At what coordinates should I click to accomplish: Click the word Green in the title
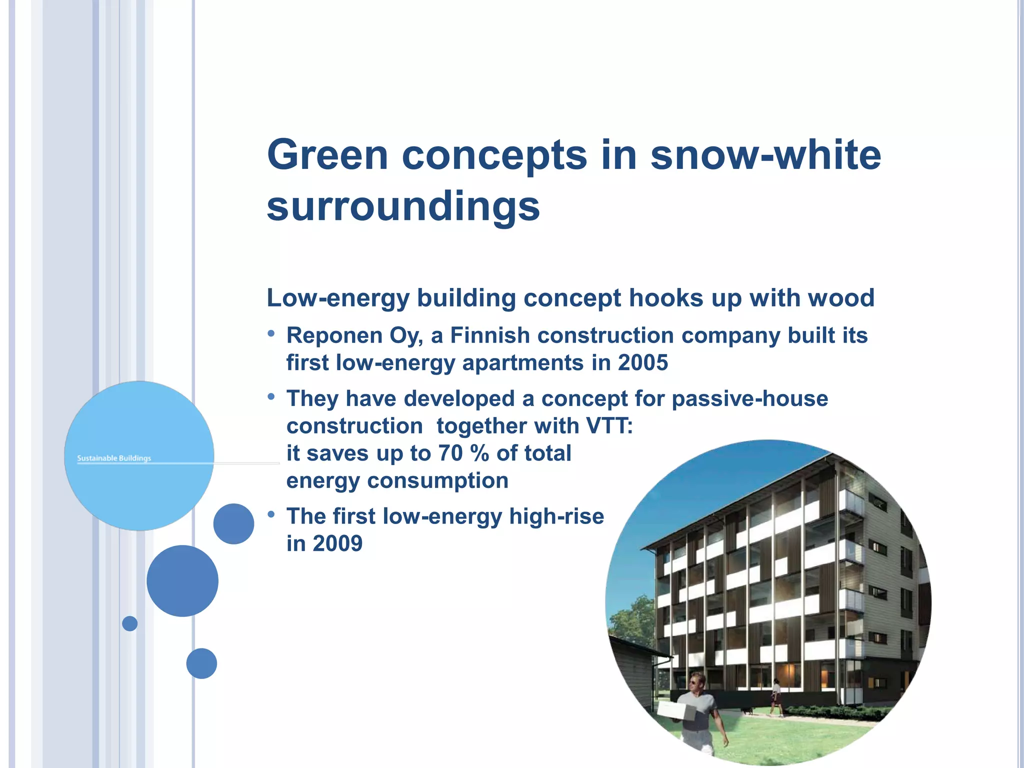(327, 154)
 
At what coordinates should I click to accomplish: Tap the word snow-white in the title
(765, 154)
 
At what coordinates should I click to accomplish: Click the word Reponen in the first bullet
(331, 335)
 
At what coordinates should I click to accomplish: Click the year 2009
(337, 543)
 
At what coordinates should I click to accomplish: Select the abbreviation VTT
(606, 426)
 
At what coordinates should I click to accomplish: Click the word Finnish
(489, 335)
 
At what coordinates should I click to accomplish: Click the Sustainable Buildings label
(114, 458)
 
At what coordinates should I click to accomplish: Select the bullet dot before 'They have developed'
(271, 396)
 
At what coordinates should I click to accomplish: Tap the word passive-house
(749, 399)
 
